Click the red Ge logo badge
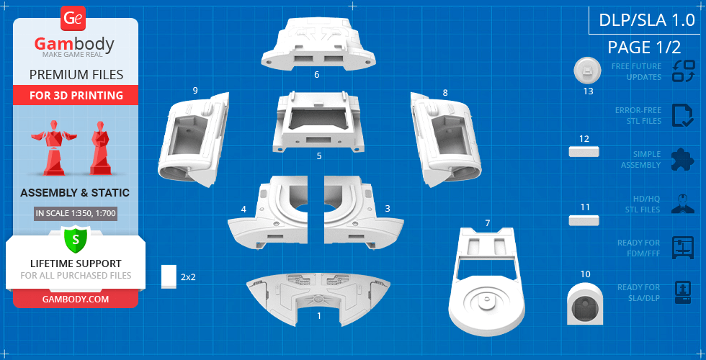click(72, 19)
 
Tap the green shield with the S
click(76, 239)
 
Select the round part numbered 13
click(588, 71)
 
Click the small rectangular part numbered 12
click(584, 151)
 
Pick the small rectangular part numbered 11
click(584, 220)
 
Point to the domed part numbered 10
click(585, 303)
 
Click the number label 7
click(488, 222)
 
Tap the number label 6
click(317, 75)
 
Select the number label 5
click(319, 156)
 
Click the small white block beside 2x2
click(169, 276)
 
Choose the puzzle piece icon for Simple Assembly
click(683, 160)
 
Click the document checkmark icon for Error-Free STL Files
click(683, 116)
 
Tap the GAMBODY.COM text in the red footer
click(76, 299)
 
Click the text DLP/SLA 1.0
click(647, 20)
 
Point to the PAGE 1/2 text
click(644, 47)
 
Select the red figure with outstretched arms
click(54, 148)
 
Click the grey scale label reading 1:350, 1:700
click(76, 213)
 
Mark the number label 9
click(195, 91)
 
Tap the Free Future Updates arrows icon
click(683, 71)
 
